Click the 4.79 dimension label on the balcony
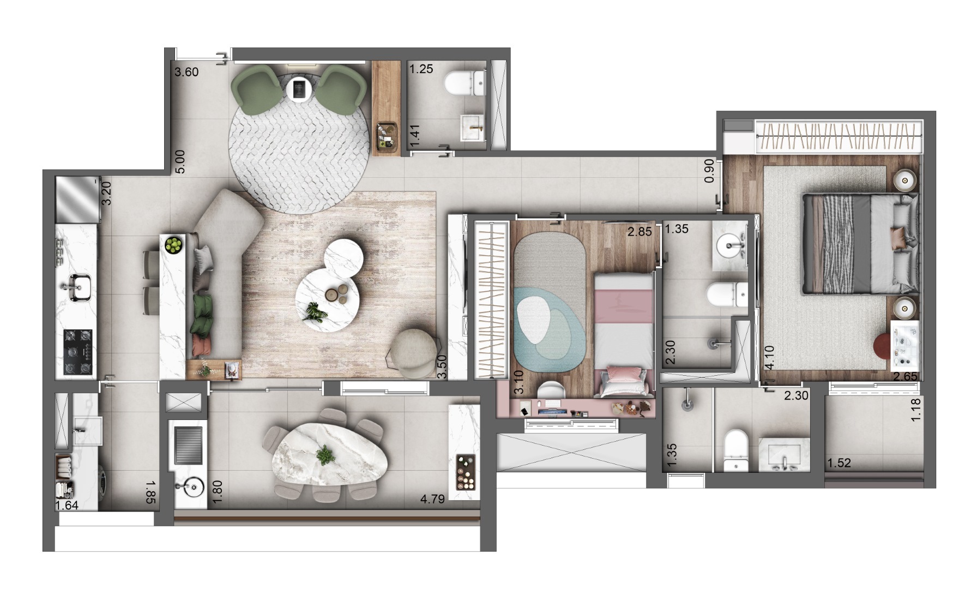tap(433, 498)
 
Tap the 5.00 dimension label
tap(181, 162)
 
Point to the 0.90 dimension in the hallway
tap(709, 171)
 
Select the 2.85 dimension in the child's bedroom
tap(640, 232)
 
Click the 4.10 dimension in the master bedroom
tap(769, 358)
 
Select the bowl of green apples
tap(174, 244)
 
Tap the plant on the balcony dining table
tap(325, 454)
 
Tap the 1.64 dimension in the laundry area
tap(67, 506)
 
